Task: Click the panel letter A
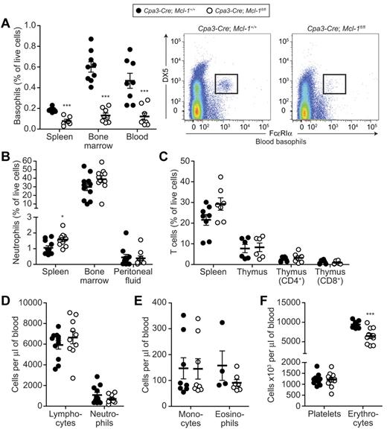click(x=7, y=25)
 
